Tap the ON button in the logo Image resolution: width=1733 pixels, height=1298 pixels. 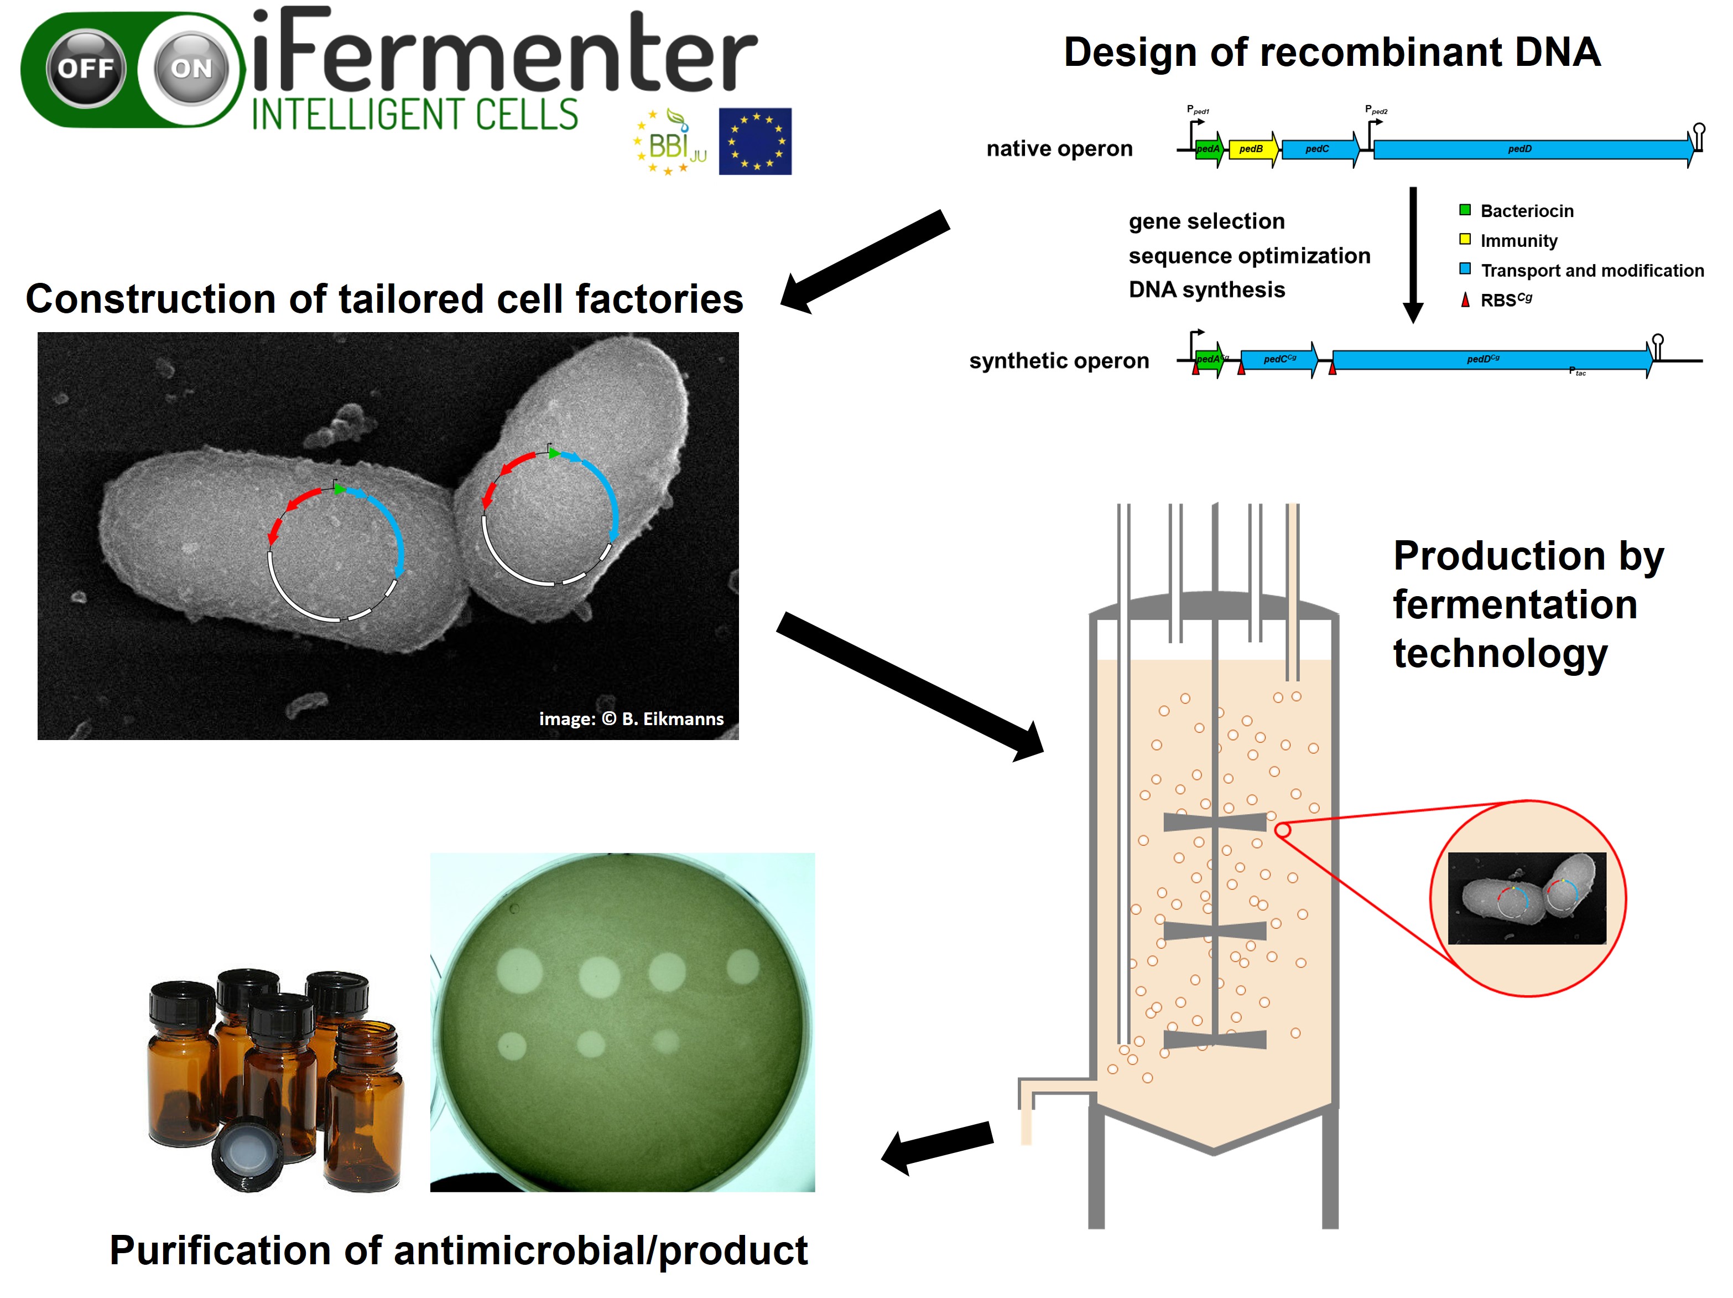(192, 69)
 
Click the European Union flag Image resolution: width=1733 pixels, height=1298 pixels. (754, 141)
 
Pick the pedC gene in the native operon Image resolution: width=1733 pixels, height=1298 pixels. (1319, 149)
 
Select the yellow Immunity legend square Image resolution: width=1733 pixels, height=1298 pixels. (1464, 240)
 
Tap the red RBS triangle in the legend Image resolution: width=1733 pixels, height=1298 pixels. (1464, 299)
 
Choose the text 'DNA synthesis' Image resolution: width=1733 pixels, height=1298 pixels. (1206, 290)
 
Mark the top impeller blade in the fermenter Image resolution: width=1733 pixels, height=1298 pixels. (1214, 821)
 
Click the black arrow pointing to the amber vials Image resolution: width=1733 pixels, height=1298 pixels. (937, 1146)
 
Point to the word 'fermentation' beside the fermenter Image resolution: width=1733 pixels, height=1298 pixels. (1515, 605)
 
